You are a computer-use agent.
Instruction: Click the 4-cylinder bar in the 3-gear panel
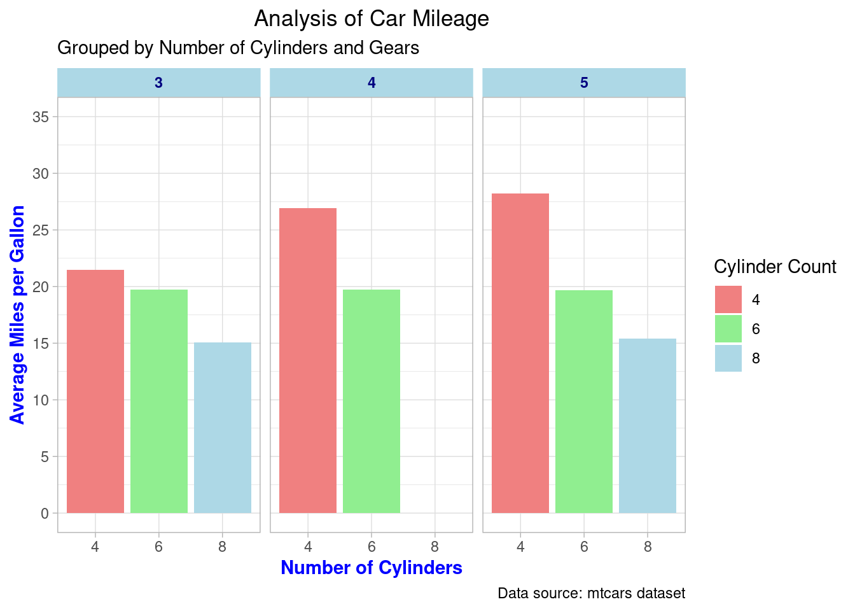coord(95,391)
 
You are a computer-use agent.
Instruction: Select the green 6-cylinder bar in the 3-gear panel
coord(159,401)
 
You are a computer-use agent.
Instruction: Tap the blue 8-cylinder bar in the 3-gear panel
coord(223,428)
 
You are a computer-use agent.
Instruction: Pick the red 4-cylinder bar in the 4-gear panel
coord(308,360)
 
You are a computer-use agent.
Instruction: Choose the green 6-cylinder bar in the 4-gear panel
coord(372,401)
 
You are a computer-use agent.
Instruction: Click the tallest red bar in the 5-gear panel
coord(520,353)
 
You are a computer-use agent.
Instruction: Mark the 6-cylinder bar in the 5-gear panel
coord(584,402)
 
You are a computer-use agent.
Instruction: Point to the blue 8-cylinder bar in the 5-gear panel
coord(648,426)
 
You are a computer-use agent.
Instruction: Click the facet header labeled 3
coord(159,83)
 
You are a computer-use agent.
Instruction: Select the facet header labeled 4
coord(372,83)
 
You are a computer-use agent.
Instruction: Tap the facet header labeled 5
coord(584,83)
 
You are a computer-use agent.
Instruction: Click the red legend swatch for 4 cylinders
coord(728,300)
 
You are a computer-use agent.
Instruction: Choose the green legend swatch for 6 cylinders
coord(728,329)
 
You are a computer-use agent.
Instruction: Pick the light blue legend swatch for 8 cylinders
coord(728,358)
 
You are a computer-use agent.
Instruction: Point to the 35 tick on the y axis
coord(41,117)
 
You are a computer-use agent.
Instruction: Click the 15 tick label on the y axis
coord(41,344)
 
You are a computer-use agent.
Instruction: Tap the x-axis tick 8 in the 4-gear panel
coord(435,547)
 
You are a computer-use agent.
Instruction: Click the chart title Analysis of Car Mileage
coord(372,19)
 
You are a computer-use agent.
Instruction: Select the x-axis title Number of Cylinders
coord(372,568)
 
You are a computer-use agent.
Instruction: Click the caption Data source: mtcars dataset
coord(591,594)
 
